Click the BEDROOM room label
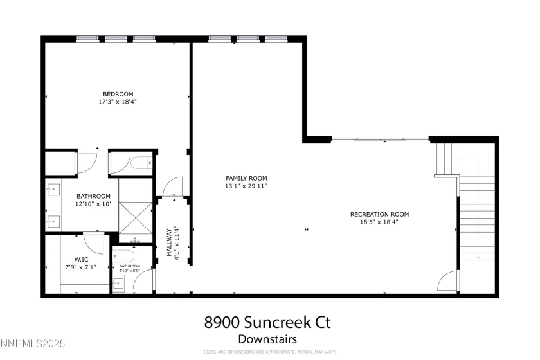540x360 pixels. point(118,94)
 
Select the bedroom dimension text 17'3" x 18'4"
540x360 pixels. point(118,102)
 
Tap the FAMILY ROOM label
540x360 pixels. point(246,178)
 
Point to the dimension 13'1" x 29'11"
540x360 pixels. point(246,186)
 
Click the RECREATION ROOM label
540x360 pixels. point(379,214)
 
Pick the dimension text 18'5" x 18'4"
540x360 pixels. point(379,222)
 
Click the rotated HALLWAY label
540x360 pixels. point(170,242)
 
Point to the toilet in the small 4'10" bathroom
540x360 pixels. point(126,255)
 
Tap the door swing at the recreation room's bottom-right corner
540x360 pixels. point(447,282)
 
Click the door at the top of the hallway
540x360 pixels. point(174,187)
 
